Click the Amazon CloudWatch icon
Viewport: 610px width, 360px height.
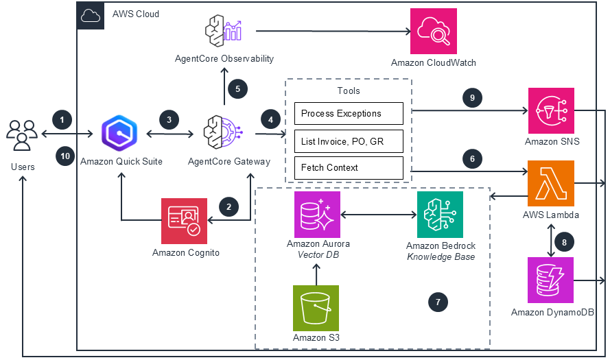coord(433,31)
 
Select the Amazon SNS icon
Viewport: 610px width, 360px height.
coord(551,110)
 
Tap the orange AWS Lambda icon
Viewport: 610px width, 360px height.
coord(551,184)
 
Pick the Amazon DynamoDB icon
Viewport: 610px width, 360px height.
coord(551,280)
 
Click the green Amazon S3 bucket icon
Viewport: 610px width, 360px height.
coord(316,308)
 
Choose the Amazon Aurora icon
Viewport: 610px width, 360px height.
coord(317,214)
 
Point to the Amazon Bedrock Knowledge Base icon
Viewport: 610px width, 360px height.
coord(440,214)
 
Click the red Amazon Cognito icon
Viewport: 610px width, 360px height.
coord(184,221)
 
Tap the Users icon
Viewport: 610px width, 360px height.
coord(22,134)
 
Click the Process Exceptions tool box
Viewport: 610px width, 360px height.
coord(349,114)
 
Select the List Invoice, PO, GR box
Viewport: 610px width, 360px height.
coord(349,141)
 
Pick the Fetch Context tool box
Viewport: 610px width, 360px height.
coord(349,167)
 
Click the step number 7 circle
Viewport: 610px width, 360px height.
coord(438,301)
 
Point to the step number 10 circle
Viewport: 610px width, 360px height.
coord(64,156)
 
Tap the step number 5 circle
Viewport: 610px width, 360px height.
coord(237,88)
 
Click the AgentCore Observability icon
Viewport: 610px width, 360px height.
coord(224,31)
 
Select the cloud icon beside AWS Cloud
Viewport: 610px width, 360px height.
coord(91,14)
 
